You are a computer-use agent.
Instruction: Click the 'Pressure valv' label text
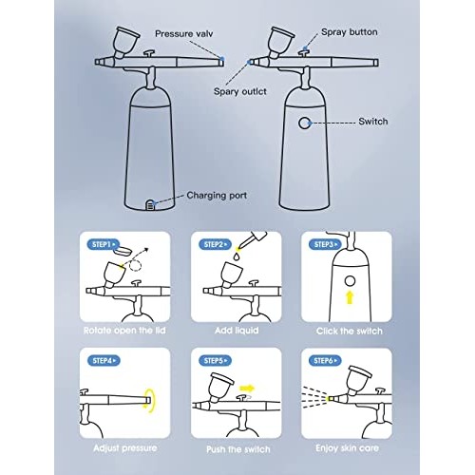coord(184,33)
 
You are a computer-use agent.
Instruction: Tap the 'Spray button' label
coord(350,32)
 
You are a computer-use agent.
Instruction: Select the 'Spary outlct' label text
coord(240,91)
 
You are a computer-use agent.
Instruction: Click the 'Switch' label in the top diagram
coord(373,122)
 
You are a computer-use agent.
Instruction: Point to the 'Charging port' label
coord(217,196)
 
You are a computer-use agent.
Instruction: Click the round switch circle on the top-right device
coord(304,123)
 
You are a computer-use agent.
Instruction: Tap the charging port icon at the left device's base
coord(150,205)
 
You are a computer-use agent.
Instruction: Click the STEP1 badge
coord(104,244)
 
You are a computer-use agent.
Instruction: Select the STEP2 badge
coord(215,244)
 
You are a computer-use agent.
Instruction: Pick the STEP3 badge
coord(325,244)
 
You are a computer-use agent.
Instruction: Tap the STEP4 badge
coord(104,360)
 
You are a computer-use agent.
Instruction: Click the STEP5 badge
coord(215,360)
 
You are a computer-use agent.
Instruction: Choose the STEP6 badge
coord(325,360)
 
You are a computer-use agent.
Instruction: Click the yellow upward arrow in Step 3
coord(350,297)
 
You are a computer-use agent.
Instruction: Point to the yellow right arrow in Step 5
coord(247,388)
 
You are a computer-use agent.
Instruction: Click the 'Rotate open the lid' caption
coord(124,331)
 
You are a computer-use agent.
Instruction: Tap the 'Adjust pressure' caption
coord(125,448)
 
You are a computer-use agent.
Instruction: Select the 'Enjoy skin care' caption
coord(347,448)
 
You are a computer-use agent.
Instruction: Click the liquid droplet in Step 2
coord(236,256)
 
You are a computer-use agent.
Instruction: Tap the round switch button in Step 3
coord(350,281)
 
